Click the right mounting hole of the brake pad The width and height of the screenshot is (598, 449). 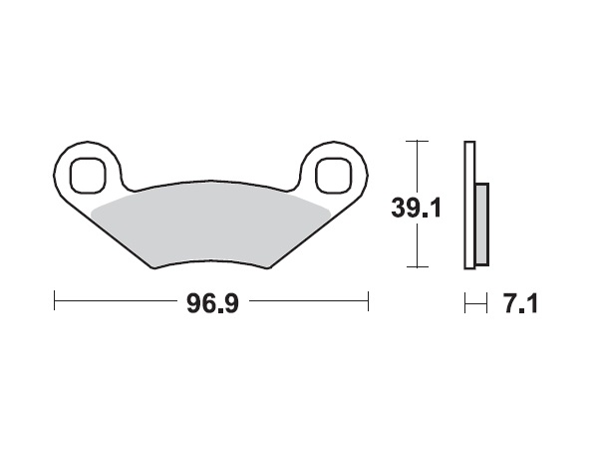[x=330, y=174]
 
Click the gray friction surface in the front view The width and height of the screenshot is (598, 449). [x=209, y=224]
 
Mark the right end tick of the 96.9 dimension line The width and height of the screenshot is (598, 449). [x=369, y=300]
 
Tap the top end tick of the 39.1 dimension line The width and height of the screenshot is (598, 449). [x=417, y=142]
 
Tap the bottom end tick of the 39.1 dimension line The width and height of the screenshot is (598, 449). [x=417, y=267]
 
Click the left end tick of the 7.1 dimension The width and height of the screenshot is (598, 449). [x=464, y=300]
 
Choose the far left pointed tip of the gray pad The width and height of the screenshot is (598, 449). [x=92, y=212]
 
